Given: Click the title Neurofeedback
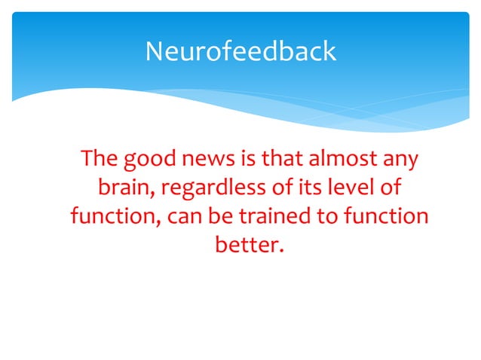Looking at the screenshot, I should (x=240, y=51).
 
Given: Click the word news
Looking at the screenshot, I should (x=204, y=160).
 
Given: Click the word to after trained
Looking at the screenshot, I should (x=326, y=216).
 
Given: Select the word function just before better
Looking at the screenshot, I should (x=385, y=216).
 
